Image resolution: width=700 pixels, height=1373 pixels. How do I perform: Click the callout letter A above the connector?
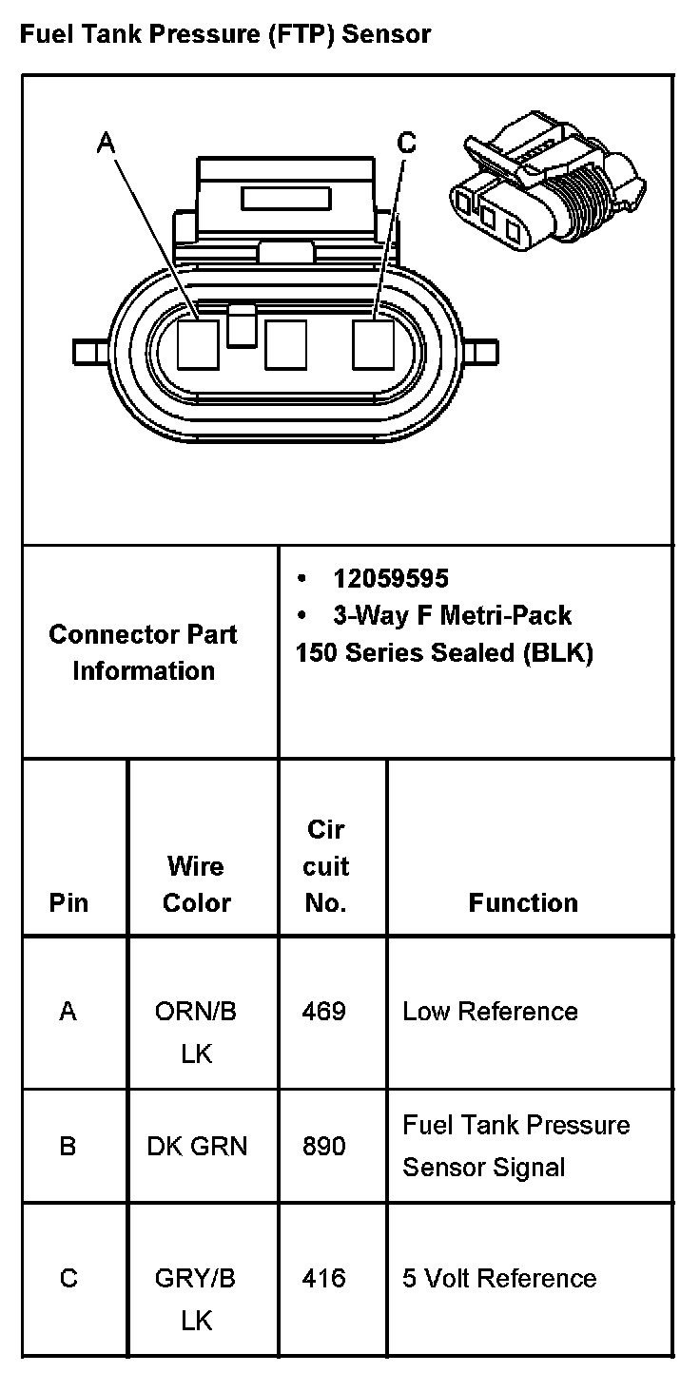(107, 143)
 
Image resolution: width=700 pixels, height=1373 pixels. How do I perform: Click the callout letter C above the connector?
(406, 143)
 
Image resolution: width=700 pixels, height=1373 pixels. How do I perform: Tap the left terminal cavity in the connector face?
(198, 344)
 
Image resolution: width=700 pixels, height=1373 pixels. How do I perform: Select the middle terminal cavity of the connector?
(285, 344)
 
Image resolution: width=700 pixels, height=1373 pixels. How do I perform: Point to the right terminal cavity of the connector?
(373, 344)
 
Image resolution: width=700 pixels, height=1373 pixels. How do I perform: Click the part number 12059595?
(390, 578)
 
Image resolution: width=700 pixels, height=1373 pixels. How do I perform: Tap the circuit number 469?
(323, 1011)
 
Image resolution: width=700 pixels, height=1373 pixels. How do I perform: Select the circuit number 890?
(323, 1146)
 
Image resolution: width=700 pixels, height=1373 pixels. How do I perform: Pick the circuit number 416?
(323, 1278)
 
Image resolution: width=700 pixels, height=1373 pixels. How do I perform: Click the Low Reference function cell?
(490, 1011)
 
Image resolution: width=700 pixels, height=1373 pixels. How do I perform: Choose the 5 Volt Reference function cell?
(499, 1278)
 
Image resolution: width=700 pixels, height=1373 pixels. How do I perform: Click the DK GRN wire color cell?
(197, 1146)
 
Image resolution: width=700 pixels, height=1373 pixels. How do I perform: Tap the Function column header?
(523, 902)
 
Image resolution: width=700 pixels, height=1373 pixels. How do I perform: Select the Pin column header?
(68, 902)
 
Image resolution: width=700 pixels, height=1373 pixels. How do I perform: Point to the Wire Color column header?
(196, 884)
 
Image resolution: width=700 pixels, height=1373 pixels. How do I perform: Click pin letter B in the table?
(68, 1146)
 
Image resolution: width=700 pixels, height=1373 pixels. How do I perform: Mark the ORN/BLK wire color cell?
(196, 1032)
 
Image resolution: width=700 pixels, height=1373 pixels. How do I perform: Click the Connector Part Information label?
(144, 652)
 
